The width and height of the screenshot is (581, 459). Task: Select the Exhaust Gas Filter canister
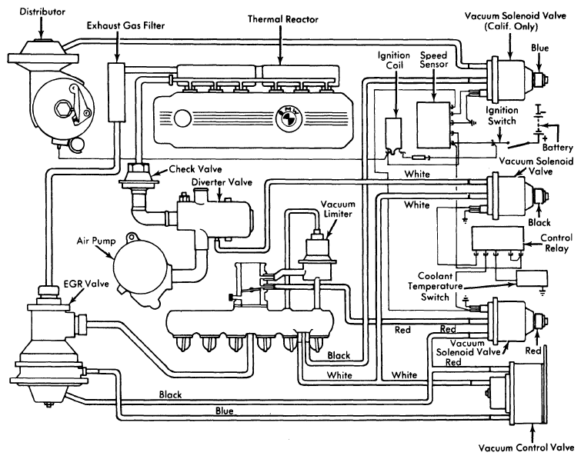tap(117, 93)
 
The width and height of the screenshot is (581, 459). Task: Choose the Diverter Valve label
tap(216, 181)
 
